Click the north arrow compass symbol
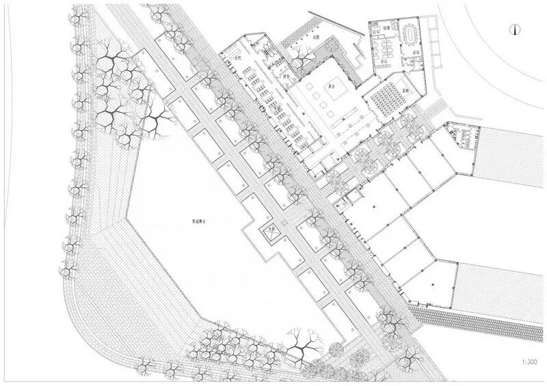coord(515,29)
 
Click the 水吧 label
coord(239,58)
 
